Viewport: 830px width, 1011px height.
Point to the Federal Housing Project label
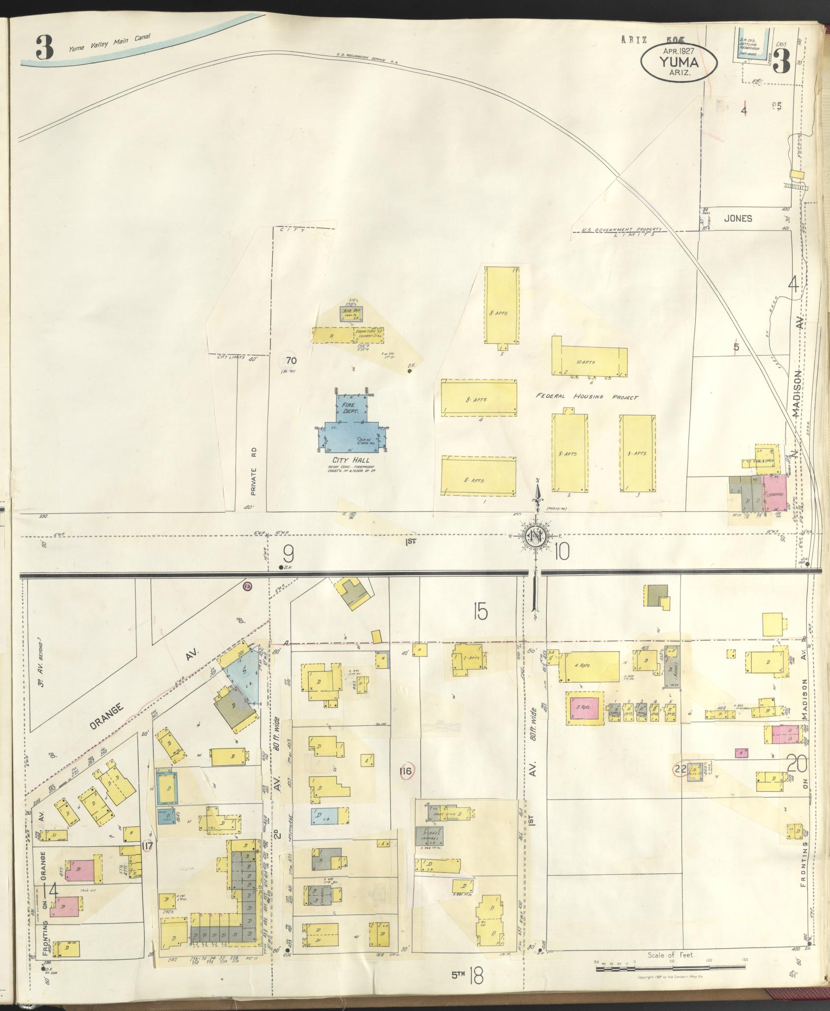586,397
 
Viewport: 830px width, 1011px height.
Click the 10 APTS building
589,362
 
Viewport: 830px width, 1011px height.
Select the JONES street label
738,218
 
